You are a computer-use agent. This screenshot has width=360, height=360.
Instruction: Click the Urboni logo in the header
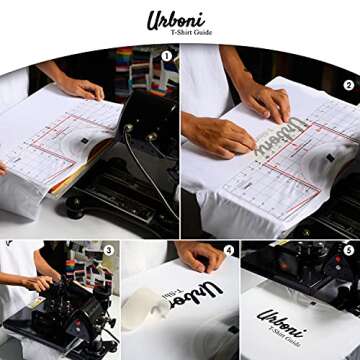(x=179, y=20)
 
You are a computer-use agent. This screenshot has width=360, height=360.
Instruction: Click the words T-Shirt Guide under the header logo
(x=180, y=34)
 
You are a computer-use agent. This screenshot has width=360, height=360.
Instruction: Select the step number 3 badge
(x=107, y=249)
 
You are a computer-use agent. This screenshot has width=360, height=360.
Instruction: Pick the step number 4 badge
(x=228, y=249)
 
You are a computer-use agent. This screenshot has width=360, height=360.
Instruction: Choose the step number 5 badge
(x=347, y=249)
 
